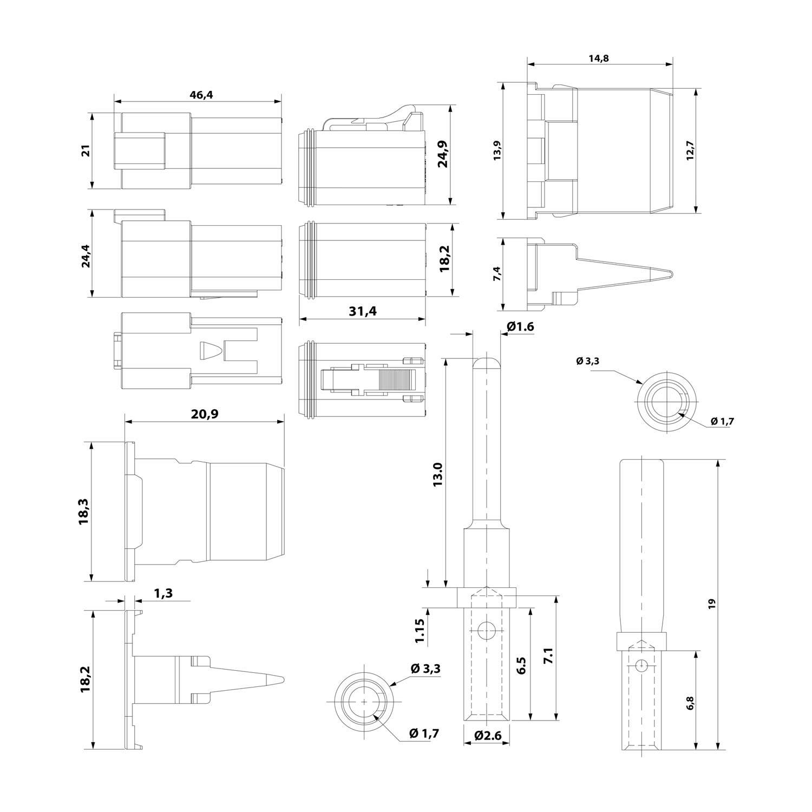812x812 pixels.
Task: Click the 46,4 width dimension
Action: tap(201, 94)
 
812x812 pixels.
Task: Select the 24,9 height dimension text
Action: tap(442, 154)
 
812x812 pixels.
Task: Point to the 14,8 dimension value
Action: tap(598, 58)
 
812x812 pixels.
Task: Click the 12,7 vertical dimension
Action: tap(689, 150)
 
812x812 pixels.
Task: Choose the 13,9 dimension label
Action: tap(498, 150)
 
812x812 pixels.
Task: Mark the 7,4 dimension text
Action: tap(498, 274)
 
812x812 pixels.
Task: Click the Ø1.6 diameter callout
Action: tap(521, 326)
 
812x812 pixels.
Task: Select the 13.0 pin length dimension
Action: tap(438, 474)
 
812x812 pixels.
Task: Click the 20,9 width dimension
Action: tap(205, 414)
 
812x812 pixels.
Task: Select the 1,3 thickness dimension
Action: tap(163, 593)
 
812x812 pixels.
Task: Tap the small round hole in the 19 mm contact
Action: tap(640, 666)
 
